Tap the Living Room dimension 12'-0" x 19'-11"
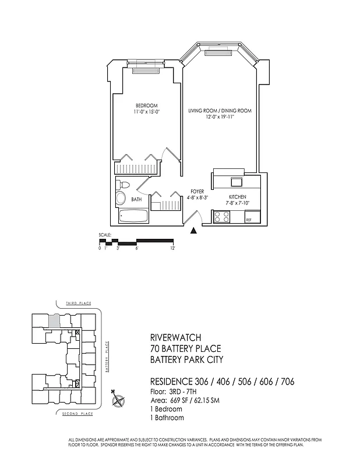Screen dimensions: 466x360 click(219, 116)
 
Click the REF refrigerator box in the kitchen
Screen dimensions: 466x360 click(249, 220)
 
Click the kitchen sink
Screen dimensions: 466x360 click(237, 181)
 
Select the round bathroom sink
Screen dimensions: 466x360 click(121, 199)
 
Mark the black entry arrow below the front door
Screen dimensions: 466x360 click(194, 231)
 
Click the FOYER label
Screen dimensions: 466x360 click(197, 191)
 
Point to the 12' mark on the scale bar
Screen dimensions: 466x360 click(173, 248)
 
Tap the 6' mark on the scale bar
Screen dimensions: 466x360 click(136, 248)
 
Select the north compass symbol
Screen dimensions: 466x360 click(119, 400)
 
